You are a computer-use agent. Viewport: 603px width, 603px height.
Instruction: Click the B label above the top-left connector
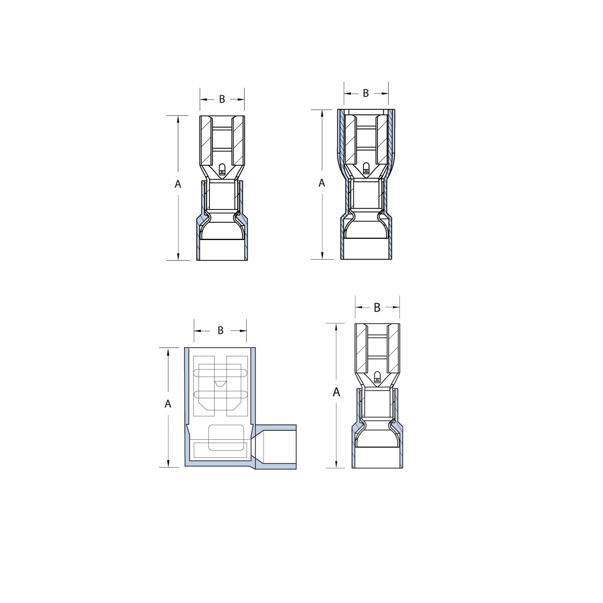222,99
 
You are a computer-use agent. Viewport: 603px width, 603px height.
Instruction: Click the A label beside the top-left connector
178,184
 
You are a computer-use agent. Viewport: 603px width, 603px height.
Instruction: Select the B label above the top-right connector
366,93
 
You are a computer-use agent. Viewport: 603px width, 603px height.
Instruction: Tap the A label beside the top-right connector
322,183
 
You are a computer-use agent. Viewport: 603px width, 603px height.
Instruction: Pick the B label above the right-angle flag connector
220,330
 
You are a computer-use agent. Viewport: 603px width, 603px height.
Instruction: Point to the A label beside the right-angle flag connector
168,404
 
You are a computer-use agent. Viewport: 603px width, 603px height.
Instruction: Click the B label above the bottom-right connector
377,308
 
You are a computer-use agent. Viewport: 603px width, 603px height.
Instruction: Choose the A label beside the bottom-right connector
336,392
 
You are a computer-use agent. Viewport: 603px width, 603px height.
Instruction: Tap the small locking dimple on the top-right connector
366,168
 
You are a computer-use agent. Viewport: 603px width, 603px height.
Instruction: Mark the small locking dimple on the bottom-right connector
377,377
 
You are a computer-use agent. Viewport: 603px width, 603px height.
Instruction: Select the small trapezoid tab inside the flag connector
220,384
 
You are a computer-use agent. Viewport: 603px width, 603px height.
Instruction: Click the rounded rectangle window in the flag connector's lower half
226,437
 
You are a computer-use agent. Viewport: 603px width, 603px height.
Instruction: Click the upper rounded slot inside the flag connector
220,373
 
